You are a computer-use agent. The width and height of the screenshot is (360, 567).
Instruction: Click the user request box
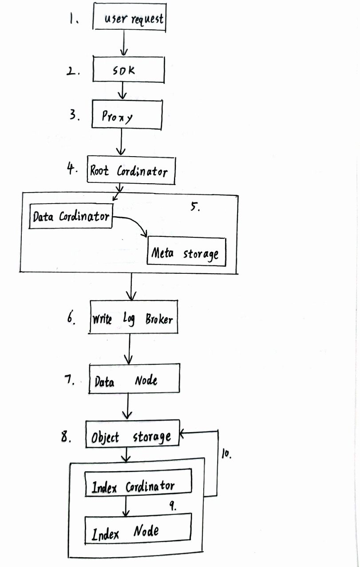click(130, 18)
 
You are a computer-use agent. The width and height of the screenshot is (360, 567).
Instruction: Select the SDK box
click(128, 70)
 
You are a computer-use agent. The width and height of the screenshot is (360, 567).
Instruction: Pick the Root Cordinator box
click(131, 170)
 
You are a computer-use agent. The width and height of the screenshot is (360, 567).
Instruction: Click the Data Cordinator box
click(71, 217)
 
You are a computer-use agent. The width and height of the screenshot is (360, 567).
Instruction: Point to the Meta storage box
click(186, 252)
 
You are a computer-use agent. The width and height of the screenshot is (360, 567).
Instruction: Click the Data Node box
click(134, 378)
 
